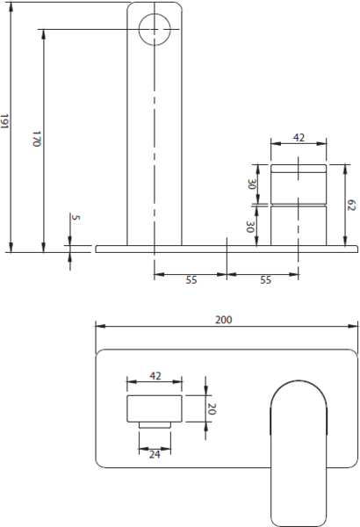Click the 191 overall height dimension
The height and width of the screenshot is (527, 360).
pos(4,121)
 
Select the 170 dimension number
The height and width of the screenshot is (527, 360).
pos(37,139)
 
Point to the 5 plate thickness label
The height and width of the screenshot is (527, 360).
pos(76,218)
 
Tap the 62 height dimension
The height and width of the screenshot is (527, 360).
pos(351,205)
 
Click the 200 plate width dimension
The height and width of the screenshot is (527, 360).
pos(224,320)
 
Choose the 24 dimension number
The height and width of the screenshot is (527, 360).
pos(155,454)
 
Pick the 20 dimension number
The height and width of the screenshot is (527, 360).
pos(212,408)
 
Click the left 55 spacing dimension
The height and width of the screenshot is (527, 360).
pos(191,279)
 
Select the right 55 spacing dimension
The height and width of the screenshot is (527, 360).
pos(265,279)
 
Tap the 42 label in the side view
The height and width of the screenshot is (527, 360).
pos(299,138)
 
